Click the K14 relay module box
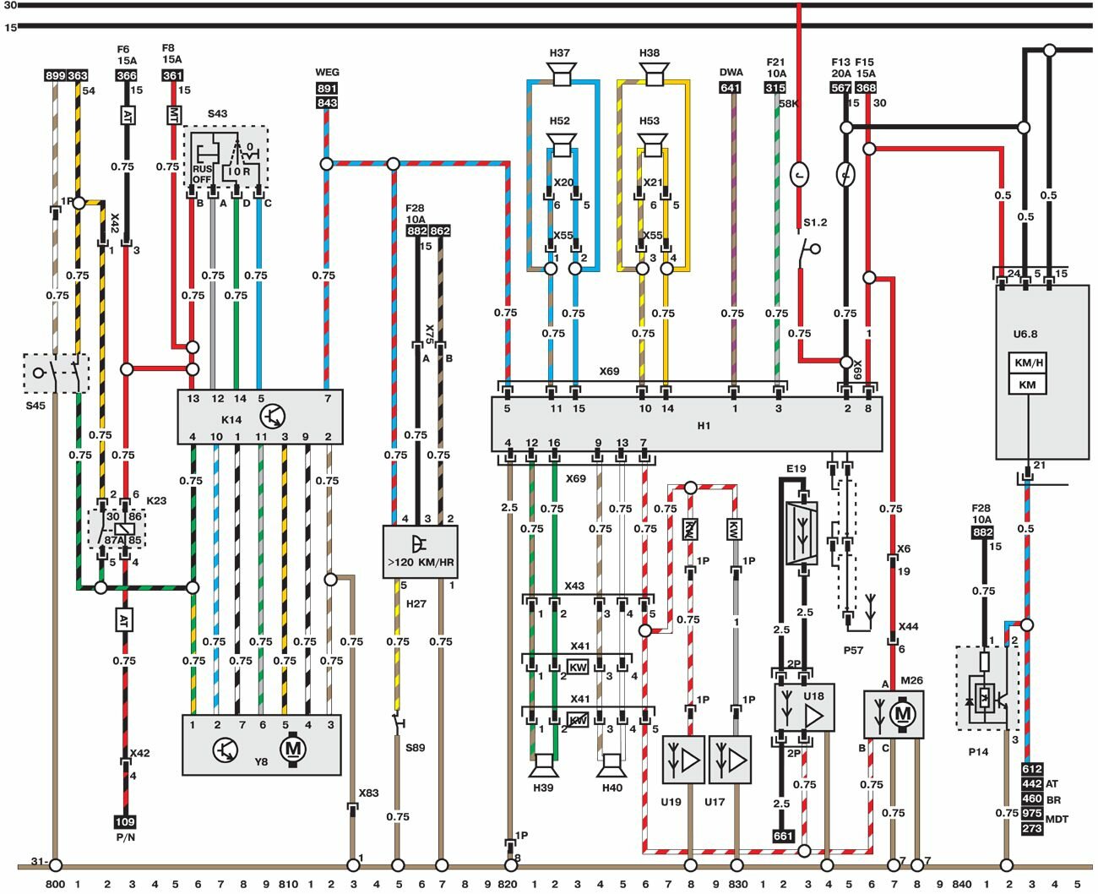point(259,417)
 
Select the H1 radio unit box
point(686,424)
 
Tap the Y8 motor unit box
point(262,744)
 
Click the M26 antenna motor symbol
point(894,714)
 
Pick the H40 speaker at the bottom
point(612,766)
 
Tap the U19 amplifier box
point(683,759)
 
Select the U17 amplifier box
point(730,759)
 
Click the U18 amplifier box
point(804,707)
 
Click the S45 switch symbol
point(56,373)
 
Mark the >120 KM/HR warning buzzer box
point(421,551)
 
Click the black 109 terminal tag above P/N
point(125,821)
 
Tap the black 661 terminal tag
point(783,836)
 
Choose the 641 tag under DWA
point(731,88)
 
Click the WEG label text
point(327,73)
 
